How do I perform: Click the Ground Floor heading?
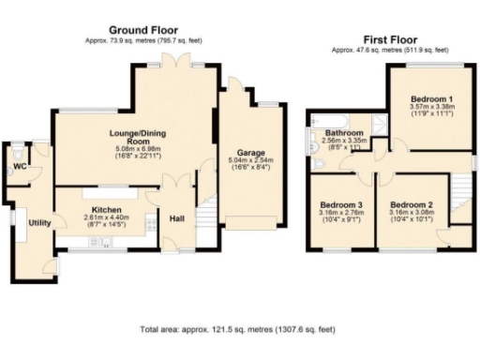(143, 30)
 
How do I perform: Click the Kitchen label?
(105, 209)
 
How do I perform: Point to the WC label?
(19, 168)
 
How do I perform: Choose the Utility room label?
(38, 222)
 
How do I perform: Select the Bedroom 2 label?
(411, 204)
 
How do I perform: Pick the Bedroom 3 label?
(340, 204)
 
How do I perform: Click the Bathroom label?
(344, 133)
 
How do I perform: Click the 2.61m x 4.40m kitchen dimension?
(105, 218)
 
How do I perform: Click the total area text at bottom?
(237, 330)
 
